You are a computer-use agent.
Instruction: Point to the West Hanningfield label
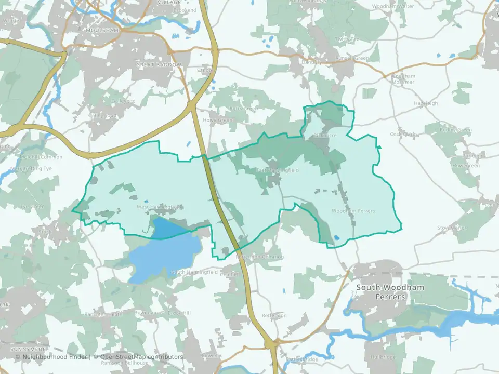(x=159, y=207)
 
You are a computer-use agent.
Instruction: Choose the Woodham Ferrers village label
(x=353, y=211)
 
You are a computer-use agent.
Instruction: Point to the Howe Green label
(x=221, y=120)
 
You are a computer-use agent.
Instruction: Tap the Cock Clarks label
(x=404, y=134)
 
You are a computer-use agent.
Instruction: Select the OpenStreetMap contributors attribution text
(x=141, y=357)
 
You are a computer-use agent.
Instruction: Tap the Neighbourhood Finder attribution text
(x=52, y=357)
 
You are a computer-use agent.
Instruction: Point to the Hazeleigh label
(x=426, y=103)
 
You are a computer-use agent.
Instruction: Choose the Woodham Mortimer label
(x=403, y=79)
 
